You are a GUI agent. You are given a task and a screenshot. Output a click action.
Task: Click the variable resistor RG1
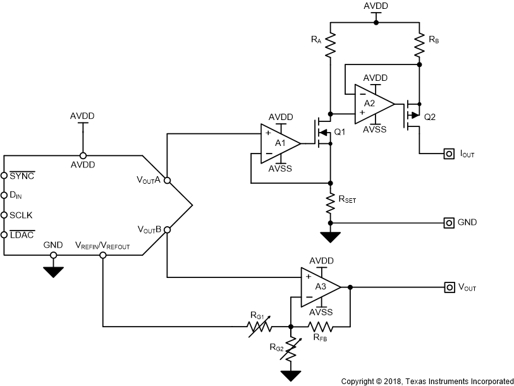pyautogui.click(x=260, y=327)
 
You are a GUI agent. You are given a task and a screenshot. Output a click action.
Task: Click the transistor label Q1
pyautogui.click(x=340, y=132)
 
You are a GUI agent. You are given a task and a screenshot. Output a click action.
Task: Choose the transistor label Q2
pyautogui.click(x=430, y=116)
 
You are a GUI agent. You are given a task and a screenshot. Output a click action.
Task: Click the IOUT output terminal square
pyautogui.click(x=449, y=153)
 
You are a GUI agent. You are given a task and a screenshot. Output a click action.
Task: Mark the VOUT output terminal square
pyautogui.click(x=449, y=287)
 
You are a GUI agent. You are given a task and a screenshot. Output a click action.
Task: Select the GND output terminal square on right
pyautogui.click(x=449, y=222)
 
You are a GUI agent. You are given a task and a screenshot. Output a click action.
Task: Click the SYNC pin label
pyautogui.click(x=21, y=175)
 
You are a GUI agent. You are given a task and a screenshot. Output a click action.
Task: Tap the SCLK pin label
pyautogui.click(x=21, y=215)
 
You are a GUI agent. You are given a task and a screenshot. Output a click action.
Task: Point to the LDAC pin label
pyautogui.click(x=21, y=234)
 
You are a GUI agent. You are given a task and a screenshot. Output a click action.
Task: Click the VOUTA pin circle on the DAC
pyautogui.click(x=167, y=180)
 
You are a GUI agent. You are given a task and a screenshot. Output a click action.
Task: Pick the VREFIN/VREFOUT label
pyautogui.click(x=102, y=245)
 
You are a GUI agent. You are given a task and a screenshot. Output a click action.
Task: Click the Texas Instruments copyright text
pyautogui.click(x=427, y=381)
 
